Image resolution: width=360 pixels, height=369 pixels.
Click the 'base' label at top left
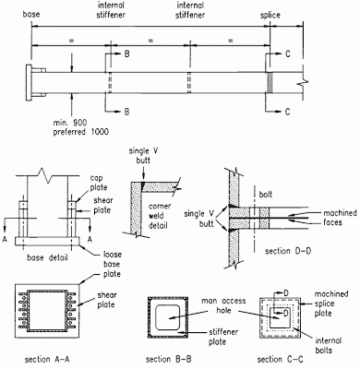[x=31, y=14]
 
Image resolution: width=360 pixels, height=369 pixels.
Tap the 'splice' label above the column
[x=270, y=15]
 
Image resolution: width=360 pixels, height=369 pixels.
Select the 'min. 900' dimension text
[x=70, y=123]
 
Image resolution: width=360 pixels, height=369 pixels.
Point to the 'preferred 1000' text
[x=81, y=132]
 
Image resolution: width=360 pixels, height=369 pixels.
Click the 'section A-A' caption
[x=47, y=359]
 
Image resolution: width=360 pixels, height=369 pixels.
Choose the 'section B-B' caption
[x=168, y=359]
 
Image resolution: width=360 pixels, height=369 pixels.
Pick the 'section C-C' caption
[x=280, y=359]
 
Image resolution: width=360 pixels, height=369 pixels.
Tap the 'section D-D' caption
[x=288, y=251]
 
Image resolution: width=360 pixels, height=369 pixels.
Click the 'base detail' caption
[x=47, y=257]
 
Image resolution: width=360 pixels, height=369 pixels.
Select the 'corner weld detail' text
[x=160, y=216]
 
